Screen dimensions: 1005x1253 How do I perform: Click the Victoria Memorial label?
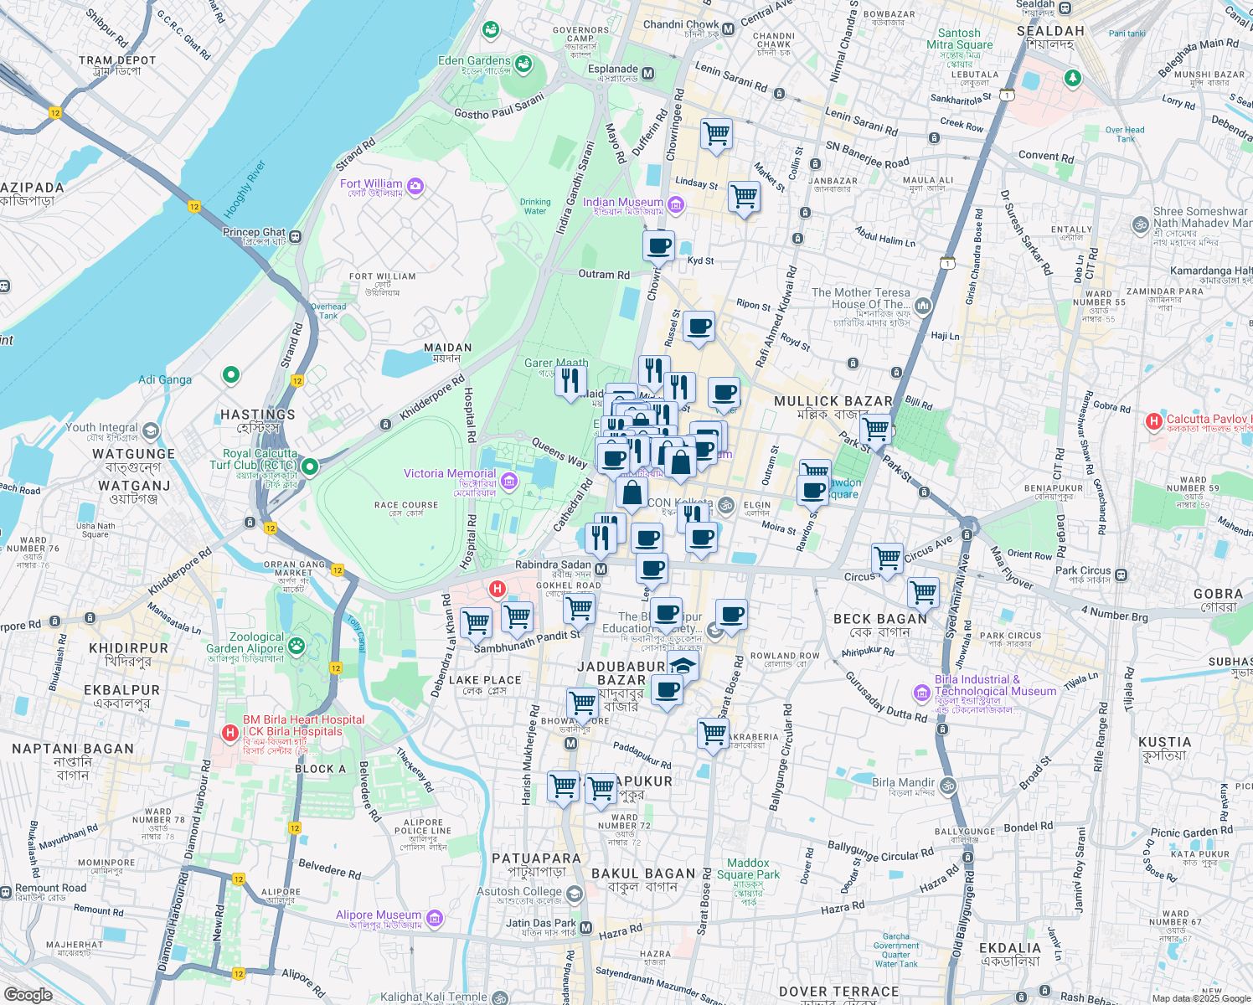[x=450, y=474]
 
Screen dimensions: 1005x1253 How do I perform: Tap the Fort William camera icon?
[x=415, y=185]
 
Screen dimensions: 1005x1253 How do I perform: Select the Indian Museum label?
[x=622, y=203]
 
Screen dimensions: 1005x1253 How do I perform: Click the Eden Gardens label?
[x=474, y=61]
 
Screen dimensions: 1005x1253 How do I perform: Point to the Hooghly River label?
[x=245, y=189]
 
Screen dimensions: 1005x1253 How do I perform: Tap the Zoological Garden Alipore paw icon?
[x=296, y=645]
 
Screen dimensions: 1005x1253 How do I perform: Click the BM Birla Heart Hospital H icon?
[x=229, y=733]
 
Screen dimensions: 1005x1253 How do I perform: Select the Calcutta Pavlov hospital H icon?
[x=1154, y=420]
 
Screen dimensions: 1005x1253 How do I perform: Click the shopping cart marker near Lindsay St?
[x=744, y=197]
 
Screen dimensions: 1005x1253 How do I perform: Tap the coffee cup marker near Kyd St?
[x=659, y=246]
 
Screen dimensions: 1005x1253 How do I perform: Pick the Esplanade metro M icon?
[x=647, y=74]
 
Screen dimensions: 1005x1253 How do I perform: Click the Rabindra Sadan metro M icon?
[x=601, y=570]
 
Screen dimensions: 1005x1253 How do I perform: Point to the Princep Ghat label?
[x=254, y=233]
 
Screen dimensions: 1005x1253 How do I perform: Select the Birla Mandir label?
[x=903, y=783]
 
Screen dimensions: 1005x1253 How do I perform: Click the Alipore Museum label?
[x=379, y=915]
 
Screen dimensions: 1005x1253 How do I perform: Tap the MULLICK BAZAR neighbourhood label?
[x=833, y=402]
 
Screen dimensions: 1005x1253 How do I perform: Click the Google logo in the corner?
[x=28, y=994]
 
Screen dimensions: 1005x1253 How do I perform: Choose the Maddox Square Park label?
[x=748, y=869]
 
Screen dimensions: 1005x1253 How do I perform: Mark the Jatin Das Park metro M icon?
[x=586, y=927]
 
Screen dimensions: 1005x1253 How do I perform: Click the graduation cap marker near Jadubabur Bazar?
[x=683, y=667]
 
